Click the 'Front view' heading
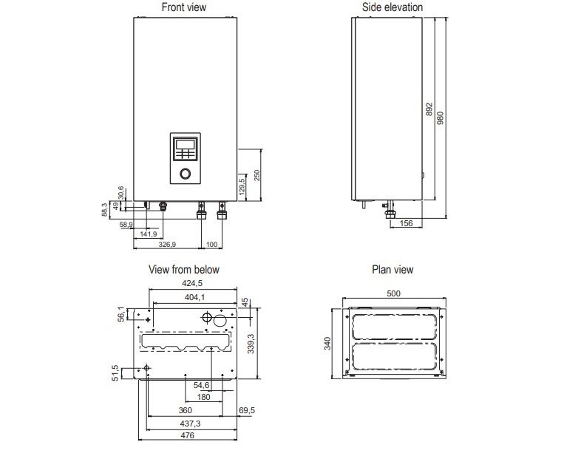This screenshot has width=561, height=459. [184, 7]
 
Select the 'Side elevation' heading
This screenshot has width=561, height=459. [392, 7]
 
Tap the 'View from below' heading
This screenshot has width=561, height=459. [184, 270]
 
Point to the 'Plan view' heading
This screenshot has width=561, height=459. [392, 270]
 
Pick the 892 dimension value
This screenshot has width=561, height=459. [429, 109]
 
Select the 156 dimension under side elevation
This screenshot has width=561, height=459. [405, 224]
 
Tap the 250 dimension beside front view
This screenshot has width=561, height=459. [257, 174]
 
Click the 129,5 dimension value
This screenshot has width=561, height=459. [242, 185]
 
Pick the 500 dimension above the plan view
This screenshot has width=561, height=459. [393, 293]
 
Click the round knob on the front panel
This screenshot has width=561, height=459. [185, 175]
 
